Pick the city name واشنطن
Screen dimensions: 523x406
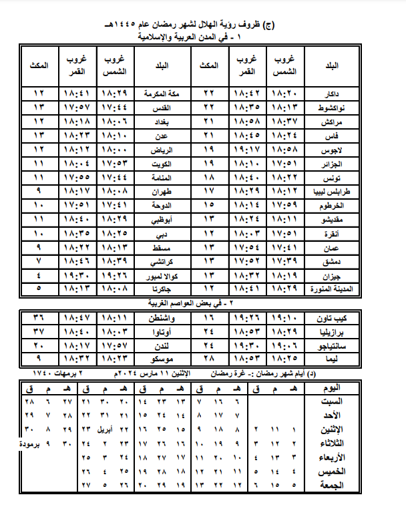click(166, 317)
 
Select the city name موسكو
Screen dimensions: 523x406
click(165, 359)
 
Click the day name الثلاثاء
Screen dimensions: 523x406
click(328, 443)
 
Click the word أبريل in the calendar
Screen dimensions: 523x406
click(105, 429)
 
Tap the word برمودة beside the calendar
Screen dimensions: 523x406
click(28, 443)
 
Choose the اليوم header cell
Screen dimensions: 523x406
click(329, 387)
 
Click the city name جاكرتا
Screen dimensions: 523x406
click(164, 289)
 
